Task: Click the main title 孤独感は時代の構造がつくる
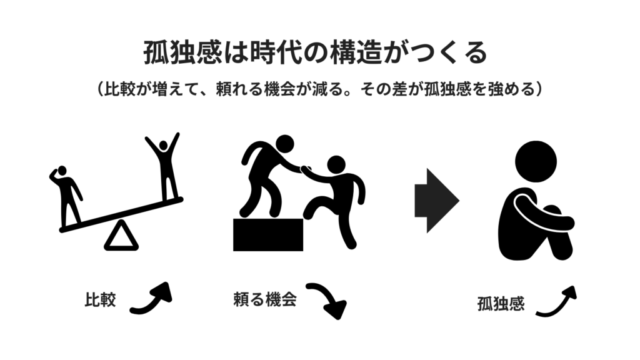[316, 52]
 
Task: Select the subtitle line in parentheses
[319, 89]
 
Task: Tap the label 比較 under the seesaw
[101, 299]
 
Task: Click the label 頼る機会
[265, 299]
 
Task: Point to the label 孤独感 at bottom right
[501, 304]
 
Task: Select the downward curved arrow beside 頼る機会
[326, 299]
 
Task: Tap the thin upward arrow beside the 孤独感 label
[556, 302]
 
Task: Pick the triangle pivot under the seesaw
[121, 236]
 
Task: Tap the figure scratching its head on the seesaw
[66, 196]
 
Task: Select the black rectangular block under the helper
[268, 235]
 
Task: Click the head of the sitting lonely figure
[536, 162]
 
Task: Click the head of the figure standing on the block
[285, 144]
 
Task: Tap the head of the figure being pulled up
[336, 164]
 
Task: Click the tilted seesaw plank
[121, 215]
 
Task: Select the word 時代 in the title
[276, 52]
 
